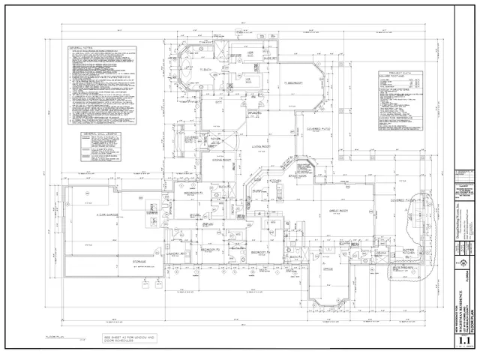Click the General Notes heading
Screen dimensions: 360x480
coord(79,46)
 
